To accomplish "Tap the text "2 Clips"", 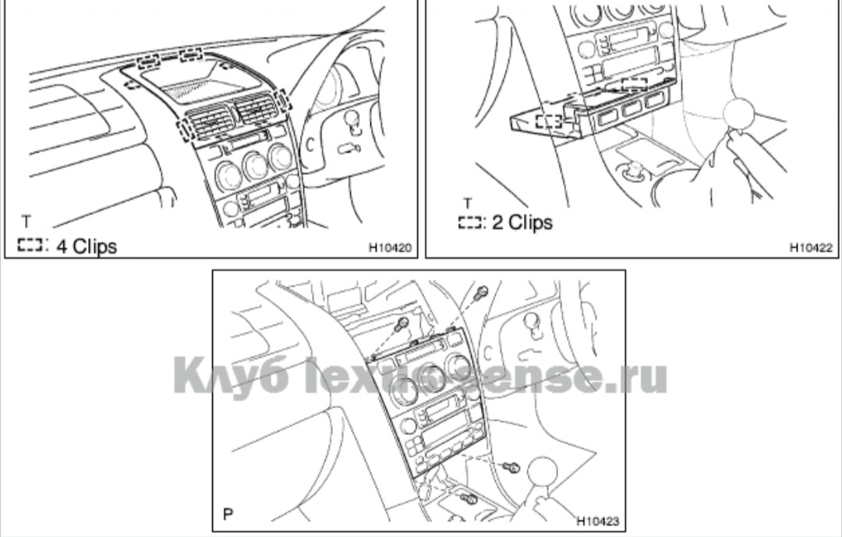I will [522, 223].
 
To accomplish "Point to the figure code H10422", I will [811, 249].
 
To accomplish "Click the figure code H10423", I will [598, 521].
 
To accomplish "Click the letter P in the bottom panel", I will [228, 515].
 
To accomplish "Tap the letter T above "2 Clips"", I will [468, 203].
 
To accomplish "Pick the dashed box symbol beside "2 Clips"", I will [470, 224].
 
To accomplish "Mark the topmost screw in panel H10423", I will [482, 292].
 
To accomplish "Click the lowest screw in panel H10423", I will [469, 498].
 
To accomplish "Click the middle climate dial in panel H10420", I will [254, 164].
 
